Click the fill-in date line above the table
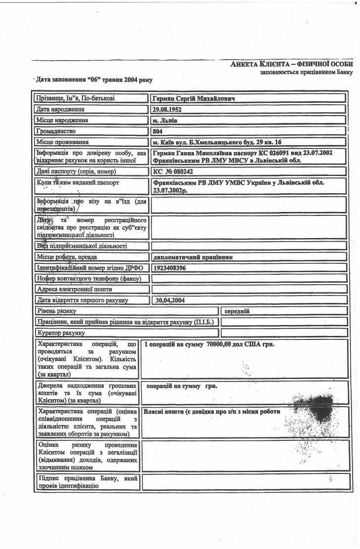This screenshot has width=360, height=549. (92, 80)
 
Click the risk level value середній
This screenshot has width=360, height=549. (237, 311)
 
